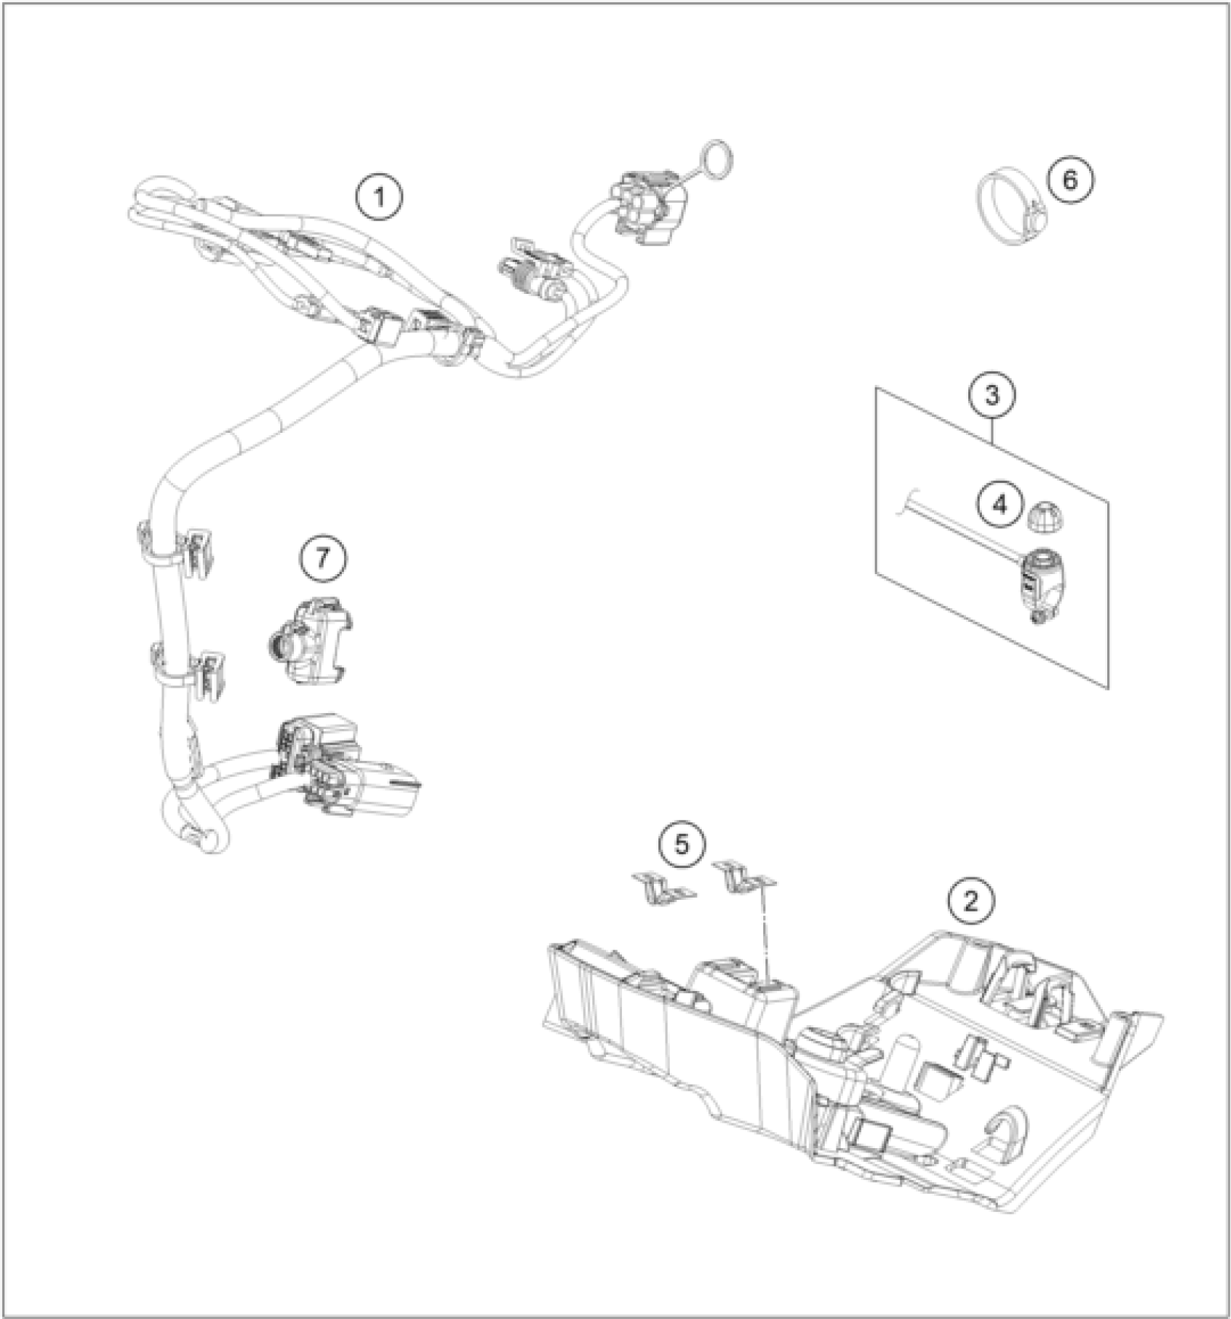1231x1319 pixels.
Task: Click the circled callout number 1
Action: coord(379,197)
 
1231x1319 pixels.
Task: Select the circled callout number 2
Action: coord(970,901)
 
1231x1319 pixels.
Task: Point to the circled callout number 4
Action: coord(999,504)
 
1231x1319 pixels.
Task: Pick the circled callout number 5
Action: coord(681,844)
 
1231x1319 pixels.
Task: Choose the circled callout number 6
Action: coord(1070,180)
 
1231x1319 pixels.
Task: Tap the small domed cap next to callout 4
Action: coord(1043,515)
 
